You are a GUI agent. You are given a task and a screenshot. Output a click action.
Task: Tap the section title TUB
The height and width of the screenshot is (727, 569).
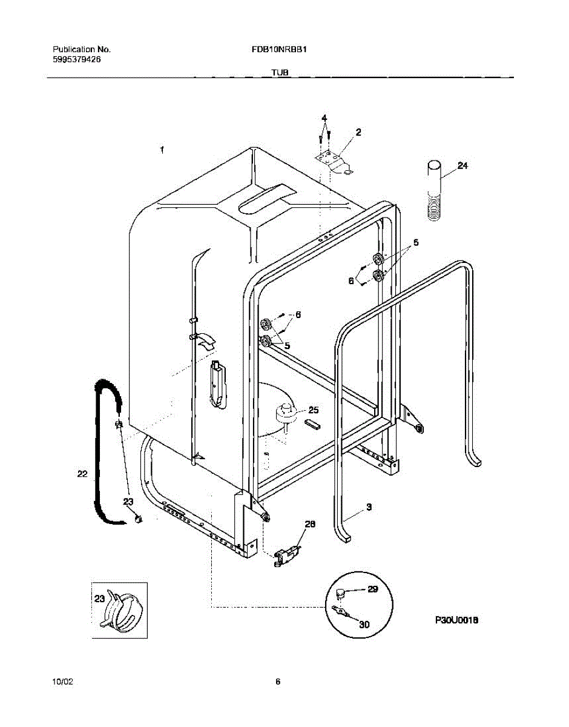tap(280, 73)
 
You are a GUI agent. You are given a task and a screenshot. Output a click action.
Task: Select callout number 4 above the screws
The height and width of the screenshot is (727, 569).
tap(324, 117)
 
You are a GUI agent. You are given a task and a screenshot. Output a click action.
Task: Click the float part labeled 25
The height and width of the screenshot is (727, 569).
tap(284, 413)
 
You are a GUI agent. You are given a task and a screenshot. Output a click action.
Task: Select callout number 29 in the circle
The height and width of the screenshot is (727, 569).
tap(372, 589)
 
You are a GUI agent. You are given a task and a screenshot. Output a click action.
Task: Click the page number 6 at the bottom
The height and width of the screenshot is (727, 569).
tap(278, 682)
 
